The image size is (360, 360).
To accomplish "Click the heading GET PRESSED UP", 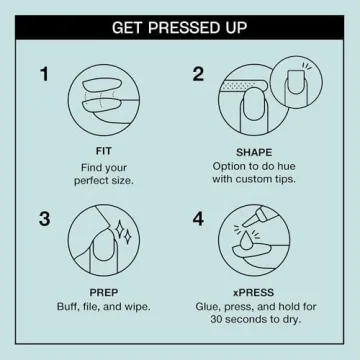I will pos(180,24).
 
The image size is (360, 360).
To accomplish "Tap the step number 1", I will pos(45,73).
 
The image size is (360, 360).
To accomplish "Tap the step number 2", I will pos(198,73).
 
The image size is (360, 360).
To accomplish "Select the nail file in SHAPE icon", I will pos(245,87).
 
